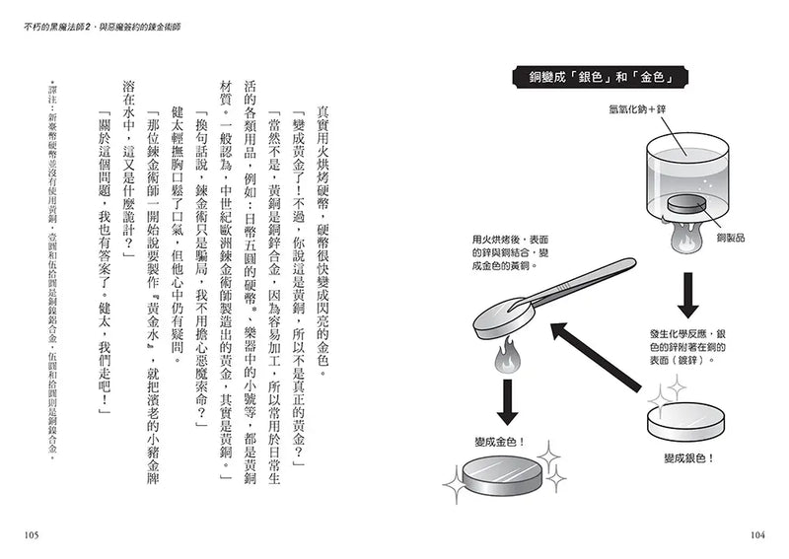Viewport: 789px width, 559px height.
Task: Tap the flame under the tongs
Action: point(508,358)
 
